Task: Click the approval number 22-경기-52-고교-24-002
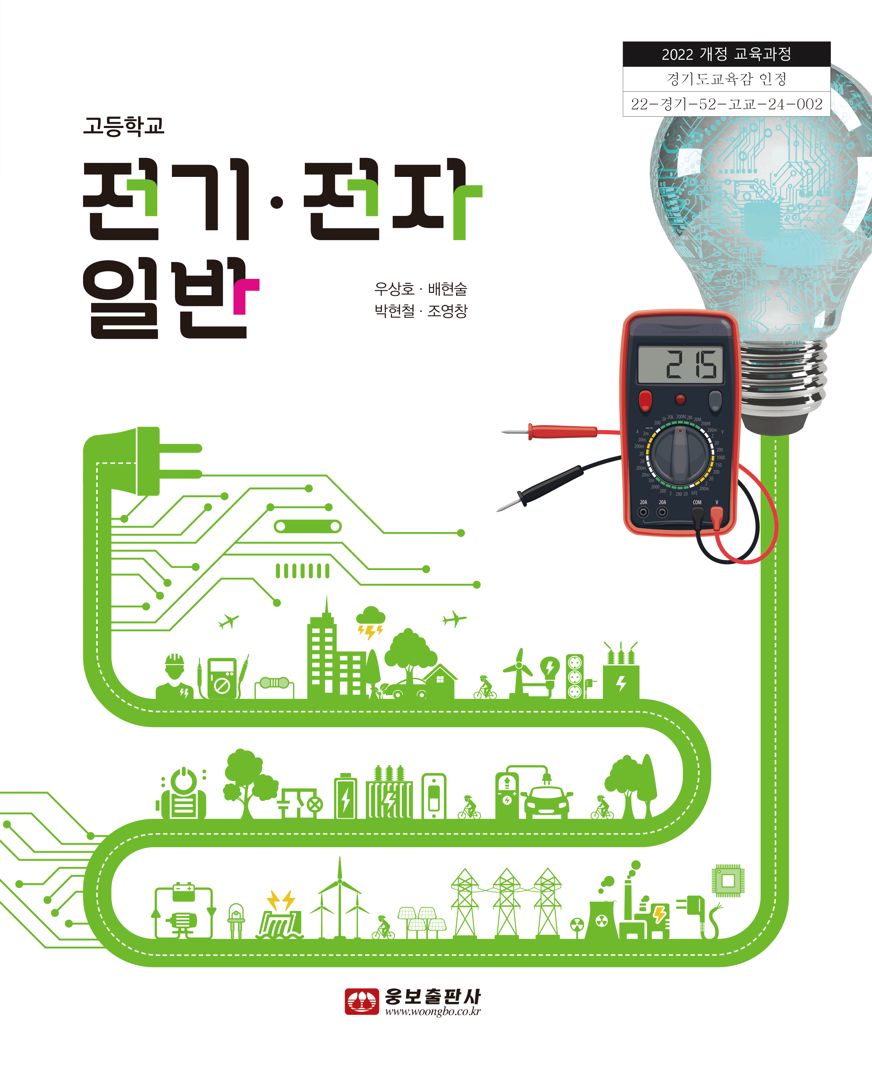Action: [x=726, y=104]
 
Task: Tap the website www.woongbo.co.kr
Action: [x=432, y=1011]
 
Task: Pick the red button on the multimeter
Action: [x=645, y=400]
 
